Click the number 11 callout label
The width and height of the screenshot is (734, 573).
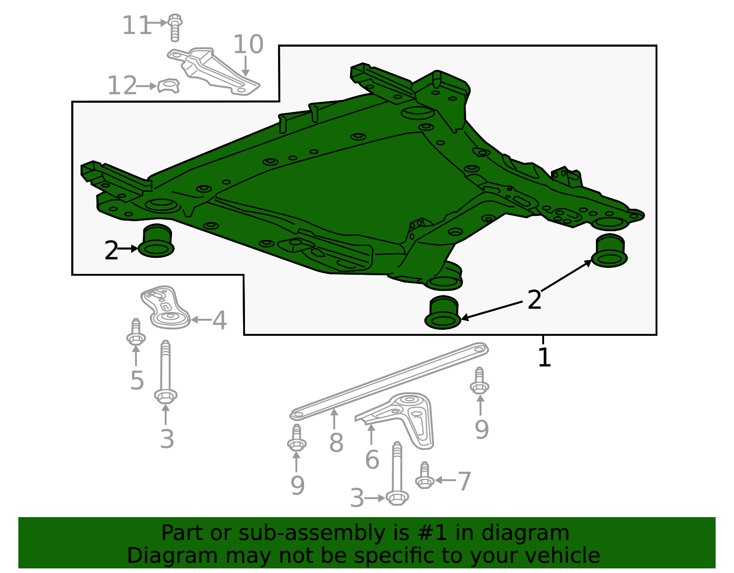(x=136, y=26)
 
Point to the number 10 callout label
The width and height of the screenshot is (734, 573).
(x=248, y=45)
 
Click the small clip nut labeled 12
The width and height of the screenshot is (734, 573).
(x=168, y=86)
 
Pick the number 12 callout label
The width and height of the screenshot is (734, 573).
(x=122, y=86)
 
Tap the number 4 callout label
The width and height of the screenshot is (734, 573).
(x=220, y=320)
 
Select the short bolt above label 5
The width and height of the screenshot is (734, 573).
(x=136, y=333)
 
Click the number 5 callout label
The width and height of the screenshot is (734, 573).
(x=137, y=380)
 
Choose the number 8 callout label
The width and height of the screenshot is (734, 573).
(x=336, y=443)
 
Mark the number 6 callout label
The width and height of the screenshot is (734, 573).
(x=372, y=460)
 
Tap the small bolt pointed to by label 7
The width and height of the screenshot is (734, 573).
(x=424, y=476)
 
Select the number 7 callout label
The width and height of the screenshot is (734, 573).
(x=464, y=481)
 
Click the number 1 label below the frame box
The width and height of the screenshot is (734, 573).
(x=544, y=357)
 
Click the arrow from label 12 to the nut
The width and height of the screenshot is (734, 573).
(x=147, y=86)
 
